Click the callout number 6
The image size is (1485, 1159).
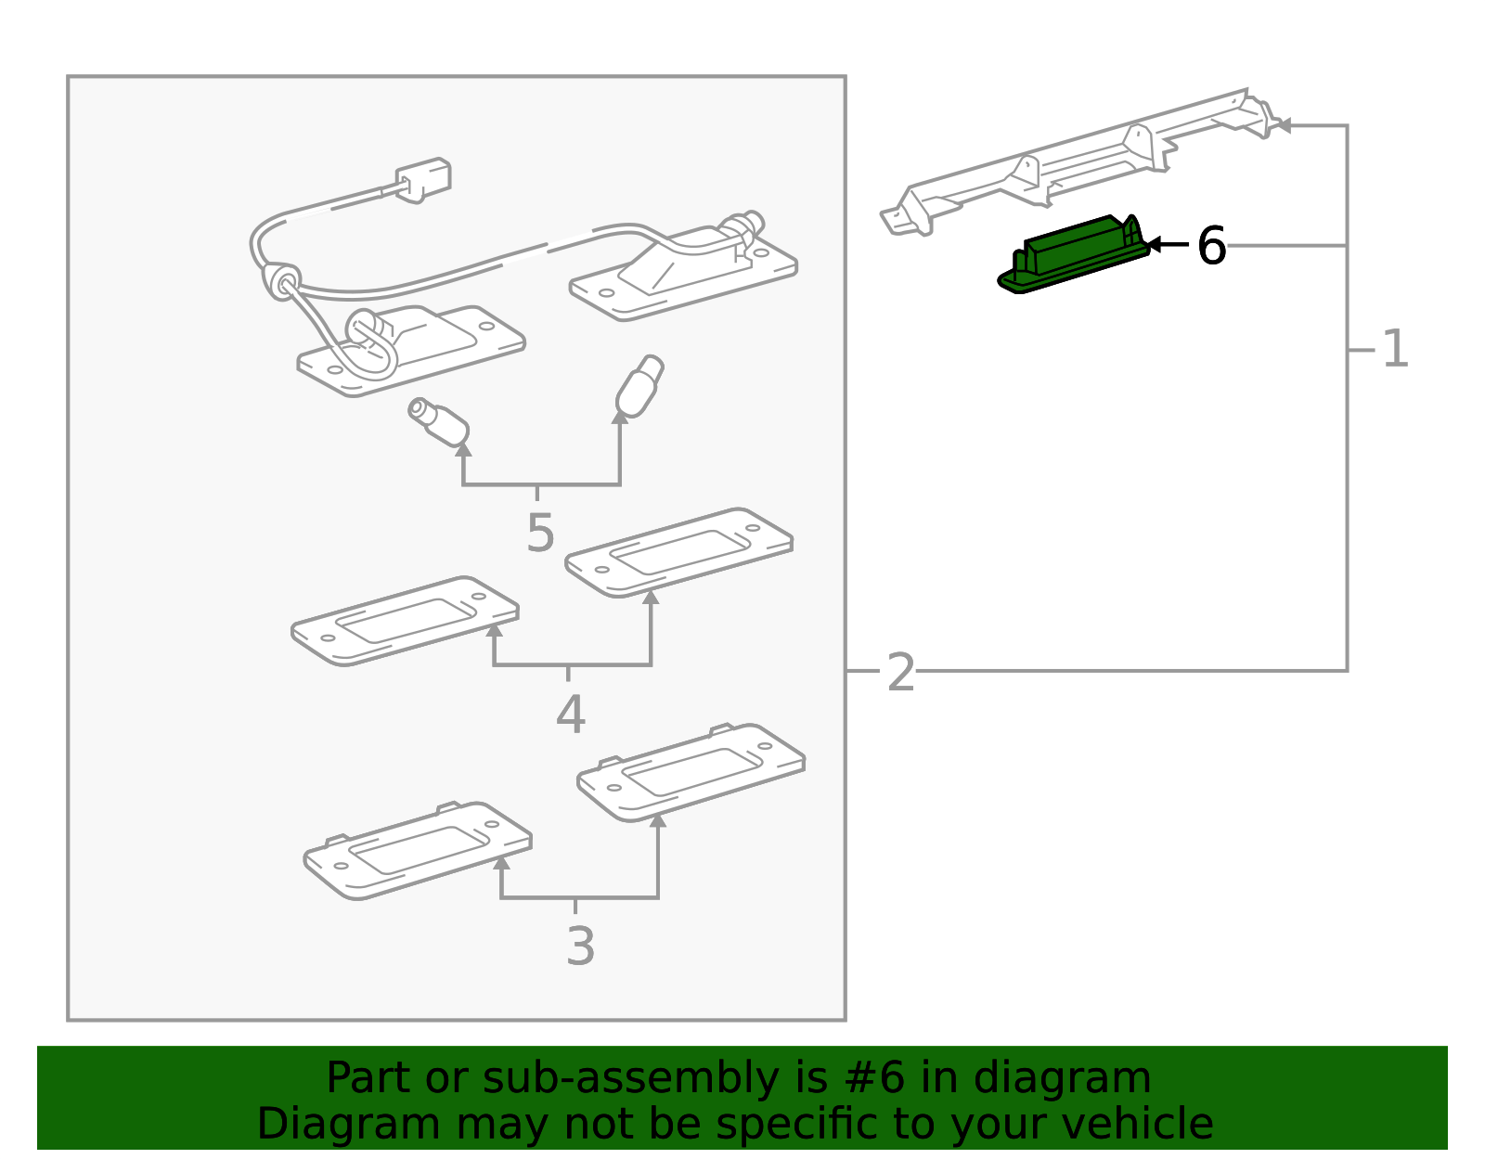click(x=1211, y=247)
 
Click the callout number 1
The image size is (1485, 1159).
click(x=1395, y=351)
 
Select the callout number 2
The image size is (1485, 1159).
click(x=900, y=673)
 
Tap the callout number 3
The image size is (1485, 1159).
click(x=580, y=947)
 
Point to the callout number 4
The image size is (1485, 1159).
click(x=570, y=715)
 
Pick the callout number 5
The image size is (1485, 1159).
click(x=539, y=534)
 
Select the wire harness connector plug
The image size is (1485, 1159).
click(x=424, y=178)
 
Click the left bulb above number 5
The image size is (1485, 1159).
click(x=439, y=421)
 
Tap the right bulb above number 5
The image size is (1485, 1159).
click(x=639, y=386)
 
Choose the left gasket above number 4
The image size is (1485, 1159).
click(x=405, y=620)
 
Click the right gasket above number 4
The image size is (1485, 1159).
click(x=678, y=552)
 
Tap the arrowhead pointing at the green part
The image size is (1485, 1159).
click(x=1154, y=245)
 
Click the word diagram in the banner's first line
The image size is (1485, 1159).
click(x=1091, y=1079)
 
